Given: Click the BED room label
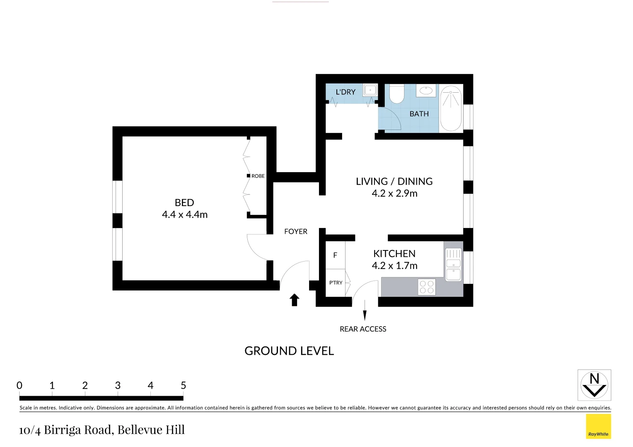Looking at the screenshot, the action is coord(184,203).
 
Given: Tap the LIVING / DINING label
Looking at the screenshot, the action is coord(394,181).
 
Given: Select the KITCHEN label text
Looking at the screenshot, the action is coord(394,254).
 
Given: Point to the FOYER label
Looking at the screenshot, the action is coord(296,231).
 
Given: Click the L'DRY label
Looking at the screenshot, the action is coord(345,92).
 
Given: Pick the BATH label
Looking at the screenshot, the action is coord(419,114).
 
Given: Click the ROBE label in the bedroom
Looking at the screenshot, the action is coord(258,176).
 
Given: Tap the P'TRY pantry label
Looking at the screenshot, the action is coord(336,283).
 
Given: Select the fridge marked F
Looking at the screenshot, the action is coord(335,255).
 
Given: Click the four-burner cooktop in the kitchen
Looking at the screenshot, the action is coord(427,287).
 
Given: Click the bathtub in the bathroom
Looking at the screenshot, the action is coord(451,108).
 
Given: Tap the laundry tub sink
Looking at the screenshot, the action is coord(370,90).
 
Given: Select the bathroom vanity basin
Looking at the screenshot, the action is coord(426,90).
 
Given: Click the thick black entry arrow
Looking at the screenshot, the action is coord(295,300).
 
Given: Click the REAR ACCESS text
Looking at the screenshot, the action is coord(363,329).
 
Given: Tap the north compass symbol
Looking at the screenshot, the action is coord(594,385).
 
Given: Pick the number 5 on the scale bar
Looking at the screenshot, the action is coord(184,385).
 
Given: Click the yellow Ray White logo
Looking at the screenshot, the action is coord(599,426).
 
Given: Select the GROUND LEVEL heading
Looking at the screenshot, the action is coord(289,351).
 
